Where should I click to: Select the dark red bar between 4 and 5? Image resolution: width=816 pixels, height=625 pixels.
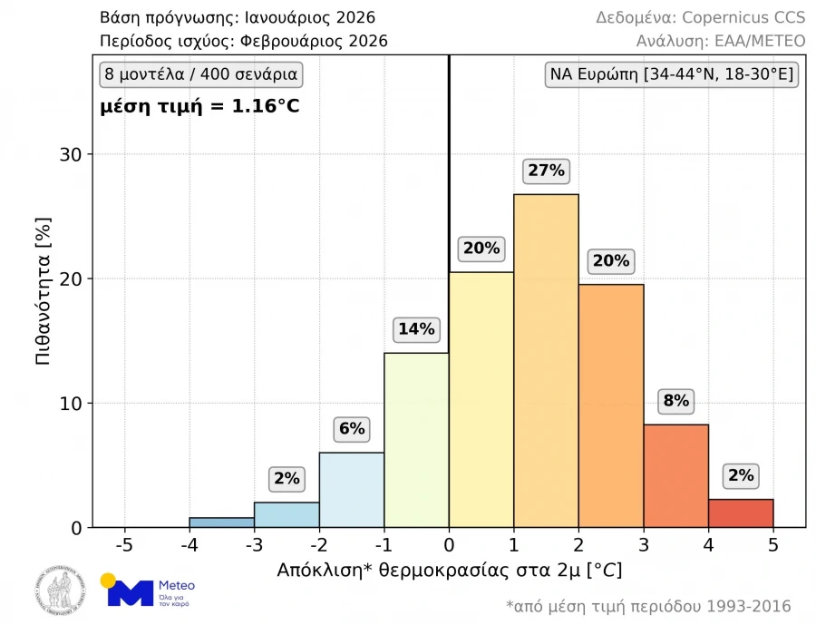(x=741, y=513)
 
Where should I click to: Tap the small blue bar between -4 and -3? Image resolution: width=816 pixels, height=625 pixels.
(x=221, y=522)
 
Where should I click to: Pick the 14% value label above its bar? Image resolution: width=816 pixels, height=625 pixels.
(x=416, y=329)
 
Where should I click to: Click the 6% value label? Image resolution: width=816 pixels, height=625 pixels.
(x=352, y=429)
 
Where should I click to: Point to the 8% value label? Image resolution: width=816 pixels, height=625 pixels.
(x=675, y=401)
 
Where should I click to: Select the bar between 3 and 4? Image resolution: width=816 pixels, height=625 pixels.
(x=675, y=475)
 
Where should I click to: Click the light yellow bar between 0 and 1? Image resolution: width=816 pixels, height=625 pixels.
(x=481, y=399)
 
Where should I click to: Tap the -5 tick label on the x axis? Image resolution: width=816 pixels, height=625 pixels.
(x=124, y=546)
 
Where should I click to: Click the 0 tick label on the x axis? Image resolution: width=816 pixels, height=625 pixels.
(x=449, y=546)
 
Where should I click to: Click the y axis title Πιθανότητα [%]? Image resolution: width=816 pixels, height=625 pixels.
(x=42, y=290)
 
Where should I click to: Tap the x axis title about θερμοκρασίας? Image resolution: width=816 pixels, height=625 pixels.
(x=449, y=571)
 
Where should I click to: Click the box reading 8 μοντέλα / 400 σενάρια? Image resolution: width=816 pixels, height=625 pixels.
(x=199, y=74)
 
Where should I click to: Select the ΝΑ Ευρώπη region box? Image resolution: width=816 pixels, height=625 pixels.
(x=671, y=74)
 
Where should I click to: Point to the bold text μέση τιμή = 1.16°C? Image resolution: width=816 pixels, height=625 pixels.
(x=199, y=106)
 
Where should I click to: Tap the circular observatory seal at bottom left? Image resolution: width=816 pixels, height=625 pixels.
(x=60, y=591)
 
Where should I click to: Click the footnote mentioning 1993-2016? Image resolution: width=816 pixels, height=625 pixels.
(x=648, y=606)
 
